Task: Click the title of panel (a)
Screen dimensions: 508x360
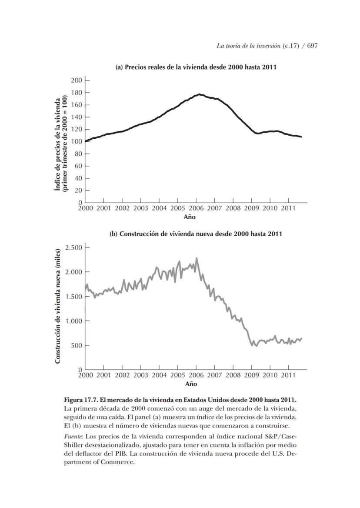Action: coord(196,67)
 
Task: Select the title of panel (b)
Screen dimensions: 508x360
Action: coord(196,234)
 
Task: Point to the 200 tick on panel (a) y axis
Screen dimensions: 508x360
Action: coord(77,80)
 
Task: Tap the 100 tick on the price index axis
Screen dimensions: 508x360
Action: coord(77,141)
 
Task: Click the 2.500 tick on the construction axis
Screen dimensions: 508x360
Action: coord(74,247)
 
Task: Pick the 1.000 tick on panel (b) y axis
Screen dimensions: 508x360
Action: coord(74,321)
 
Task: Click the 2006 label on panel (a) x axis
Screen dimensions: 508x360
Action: coord(196,209)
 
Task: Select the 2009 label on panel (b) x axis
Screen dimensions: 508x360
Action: coord(252,375)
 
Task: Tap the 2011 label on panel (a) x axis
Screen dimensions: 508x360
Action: coord(289,209)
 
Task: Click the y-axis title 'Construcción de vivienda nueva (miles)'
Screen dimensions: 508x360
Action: coord(57,307)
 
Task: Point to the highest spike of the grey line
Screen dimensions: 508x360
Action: coord(197,258)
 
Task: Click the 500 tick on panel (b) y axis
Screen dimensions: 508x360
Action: coord(77,345)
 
